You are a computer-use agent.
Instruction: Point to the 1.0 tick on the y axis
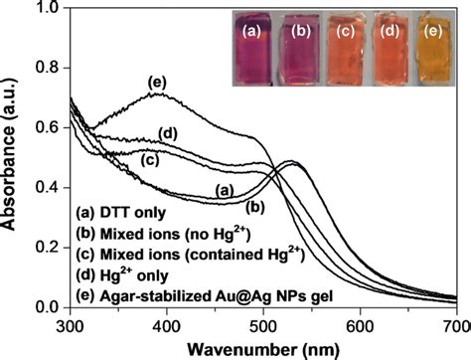point(47,11)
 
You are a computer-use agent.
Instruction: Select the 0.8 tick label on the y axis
point(47,70)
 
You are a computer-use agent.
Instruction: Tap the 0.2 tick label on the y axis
point(47,248)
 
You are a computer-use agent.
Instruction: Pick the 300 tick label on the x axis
point(69,324)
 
